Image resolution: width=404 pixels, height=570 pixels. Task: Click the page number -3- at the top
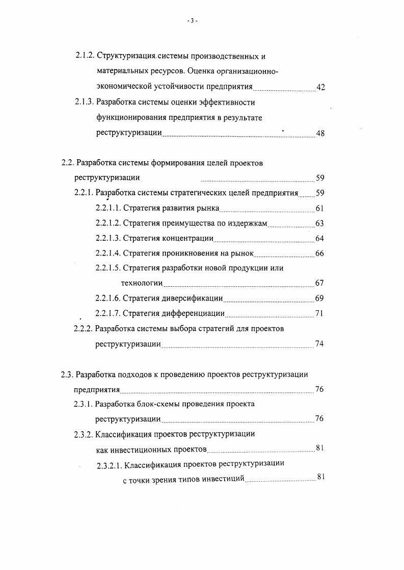pyautogui.click(x=192, y=20)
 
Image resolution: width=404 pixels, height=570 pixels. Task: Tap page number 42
pyautogui.click(x=320, y=87)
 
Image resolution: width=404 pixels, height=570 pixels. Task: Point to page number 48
pyautogui.click(x=320, y=134)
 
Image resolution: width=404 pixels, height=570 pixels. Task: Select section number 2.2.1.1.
pyautogui.click(x=108, y=208)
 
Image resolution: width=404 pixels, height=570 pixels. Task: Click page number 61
pyautogui.click(x=319, y=208)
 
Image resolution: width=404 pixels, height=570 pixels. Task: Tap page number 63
pyautogui.click(x=319, y=223)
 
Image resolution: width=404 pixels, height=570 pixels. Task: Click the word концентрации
pyautogui.click(x=187, y=238)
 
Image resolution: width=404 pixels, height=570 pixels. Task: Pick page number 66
pyautogui.click(x=319, y=254)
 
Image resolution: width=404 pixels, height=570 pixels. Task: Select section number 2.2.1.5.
pyautogui.click(x=108, y=268)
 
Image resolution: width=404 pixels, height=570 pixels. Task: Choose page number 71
pyautogui.click(x=319, y=313)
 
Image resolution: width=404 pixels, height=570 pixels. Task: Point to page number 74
pyautogui.click(x=319, y=344)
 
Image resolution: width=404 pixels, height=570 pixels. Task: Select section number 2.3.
pyautogui.click(x=67, y=374)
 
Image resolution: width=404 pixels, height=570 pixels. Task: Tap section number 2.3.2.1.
pyautogui.click(x=110, y=464)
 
